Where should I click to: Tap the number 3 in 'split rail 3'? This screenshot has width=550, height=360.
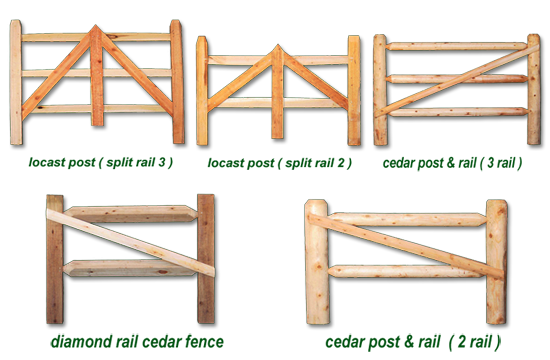(x=162, y=162)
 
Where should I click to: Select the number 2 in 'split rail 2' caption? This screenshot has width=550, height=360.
(x=341, y=163)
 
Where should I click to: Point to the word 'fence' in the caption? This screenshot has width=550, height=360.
(x=204, y=341)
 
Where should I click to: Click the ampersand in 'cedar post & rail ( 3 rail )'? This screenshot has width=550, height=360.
(x=450, y=163)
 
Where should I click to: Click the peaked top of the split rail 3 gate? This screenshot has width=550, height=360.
(x=95, y=25)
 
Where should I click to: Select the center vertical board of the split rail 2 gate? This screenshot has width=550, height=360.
(x=277, y=92)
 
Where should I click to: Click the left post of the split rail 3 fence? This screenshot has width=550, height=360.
(x=16, y=82)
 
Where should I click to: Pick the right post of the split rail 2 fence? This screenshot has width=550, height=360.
(x=354, y=91)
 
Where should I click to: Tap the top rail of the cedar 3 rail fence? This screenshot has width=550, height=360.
(x=456, y=46)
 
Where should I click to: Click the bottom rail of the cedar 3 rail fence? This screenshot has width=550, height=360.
(x=459, y=112)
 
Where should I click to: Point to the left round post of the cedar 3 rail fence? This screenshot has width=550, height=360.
(x=380, y=90)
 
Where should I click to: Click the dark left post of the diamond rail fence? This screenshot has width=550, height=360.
(x=55, y=259)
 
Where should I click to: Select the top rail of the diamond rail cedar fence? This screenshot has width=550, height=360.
(x=130, y=214)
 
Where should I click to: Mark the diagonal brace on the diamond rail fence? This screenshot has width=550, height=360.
(x=130, y=242)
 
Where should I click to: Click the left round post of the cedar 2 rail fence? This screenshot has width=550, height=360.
(x=317, y=262)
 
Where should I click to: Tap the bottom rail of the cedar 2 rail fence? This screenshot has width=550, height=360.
(x=407, y=271)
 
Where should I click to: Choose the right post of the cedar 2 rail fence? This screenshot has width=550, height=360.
(x=496, y=262)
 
